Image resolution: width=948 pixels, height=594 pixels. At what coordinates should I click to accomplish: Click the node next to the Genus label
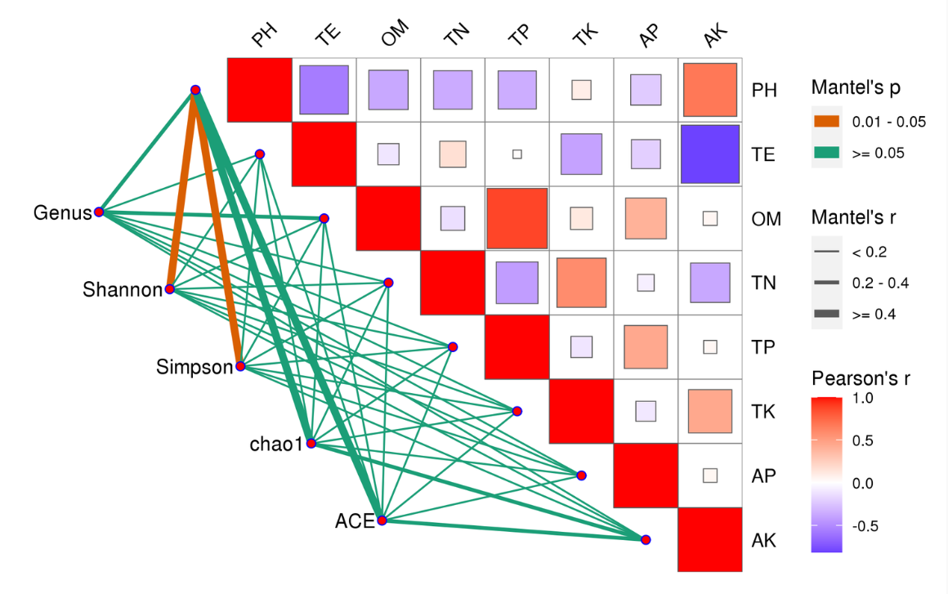(99, 212)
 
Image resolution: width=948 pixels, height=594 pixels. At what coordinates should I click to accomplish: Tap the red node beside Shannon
(169, 289)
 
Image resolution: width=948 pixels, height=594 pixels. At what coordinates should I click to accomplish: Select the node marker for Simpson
(240, 366)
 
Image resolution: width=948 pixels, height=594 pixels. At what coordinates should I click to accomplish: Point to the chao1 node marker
(311, 444)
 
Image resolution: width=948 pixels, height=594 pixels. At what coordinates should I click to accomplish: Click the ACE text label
(354, 520)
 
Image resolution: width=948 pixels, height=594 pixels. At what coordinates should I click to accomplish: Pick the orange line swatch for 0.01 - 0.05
(827, 122)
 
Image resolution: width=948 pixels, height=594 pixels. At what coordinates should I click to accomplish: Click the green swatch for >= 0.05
(827, 152)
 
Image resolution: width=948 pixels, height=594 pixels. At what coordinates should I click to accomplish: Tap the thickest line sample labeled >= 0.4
(827, 314)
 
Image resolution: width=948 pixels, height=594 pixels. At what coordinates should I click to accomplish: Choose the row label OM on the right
(766, 219)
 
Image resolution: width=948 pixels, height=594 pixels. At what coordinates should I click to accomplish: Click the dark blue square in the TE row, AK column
(709, 154)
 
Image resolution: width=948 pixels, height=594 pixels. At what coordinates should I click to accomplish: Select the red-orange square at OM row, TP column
(516, 218)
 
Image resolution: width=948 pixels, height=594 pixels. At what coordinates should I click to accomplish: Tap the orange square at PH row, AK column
(709, 90)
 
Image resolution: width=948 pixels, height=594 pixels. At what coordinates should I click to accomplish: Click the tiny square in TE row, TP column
(516, 154)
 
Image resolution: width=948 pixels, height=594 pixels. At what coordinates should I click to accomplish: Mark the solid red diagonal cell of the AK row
(709, 540)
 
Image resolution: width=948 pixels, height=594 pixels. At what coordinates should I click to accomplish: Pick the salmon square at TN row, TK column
(581, 282)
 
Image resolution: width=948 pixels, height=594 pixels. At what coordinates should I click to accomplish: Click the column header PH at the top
(263, 36)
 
